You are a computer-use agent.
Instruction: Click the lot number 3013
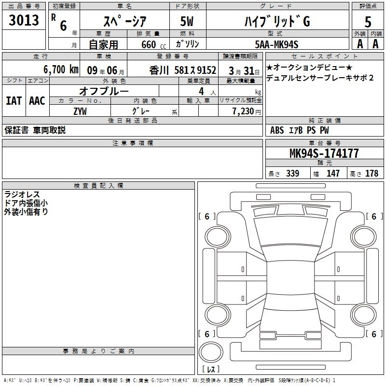point(24,20)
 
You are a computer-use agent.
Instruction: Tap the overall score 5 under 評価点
point(368,22)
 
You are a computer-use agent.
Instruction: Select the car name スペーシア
point(125,21)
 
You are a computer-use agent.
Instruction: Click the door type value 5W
point(187,21)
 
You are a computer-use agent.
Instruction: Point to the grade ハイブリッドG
point(277,21)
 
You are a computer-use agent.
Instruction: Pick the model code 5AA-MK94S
point(276,44)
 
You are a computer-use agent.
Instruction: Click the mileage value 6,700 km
point(61,69)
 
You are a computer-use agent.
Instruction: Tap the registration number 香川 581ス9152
point(183,70)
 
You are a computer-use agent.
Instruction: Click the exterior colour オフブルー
point(104,91)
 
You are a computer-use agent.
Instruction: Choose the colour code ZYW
point(80,111)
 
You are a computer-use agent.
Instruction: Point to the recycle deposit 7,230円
point(247,111)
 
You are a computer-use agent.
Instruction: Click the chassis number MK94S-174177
point(324,153)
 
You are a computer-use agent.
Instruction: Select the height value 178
point(372,173)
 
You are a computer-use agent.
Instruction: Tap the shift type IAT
point(14,101)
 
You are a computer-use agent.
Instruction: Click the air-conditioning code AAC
point(37,101)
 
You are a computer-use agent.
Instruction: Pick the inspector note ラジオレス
point(22,194)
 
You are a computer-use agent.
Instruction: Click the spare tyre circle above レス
point(211,352)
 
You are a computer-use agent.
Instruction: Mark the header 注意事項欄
point(133,143)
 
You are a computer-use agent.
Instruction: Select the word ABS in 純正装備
point(277,130)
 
